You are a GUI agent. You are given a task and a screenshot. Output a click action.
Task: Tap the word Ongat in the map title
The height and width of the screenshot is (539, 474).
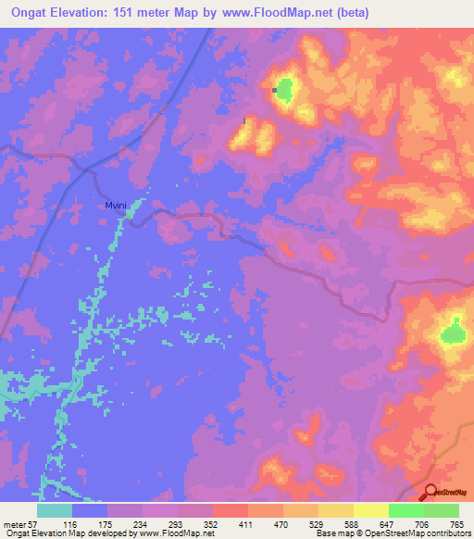(x=30, y=12)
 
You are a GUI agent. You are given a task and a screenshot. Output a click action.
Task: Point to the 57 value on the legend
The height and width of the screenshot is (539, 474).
(x=32, y=524)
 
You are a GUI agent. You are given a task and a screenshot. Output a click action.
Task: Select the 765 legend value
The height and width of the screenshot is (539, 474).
(x=456, y=524)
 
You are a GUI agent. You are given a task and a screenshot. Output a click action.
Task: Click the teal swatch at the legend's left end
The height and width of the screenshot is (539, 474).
(x=54, y=510)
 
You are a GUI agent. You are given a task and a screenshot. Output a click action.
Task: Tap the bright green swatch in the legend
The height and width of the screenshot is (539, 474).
(x=405, y=510)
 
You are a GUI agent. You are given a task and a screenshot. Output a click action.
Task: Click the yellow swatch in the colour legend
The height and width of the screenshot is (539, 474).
(x=370, y=510)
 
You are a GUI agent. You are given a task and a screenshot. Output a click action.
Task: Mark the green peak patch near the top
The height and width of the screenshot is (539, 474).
(x=283, y=90)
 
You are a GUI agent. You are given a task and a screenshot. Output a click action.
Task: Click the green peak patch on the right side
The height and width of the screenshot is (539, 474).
(x=453, y=332)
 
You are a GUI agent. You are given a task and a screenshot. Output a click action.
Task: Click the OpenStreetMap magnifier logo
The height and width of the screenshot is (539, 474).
(x=431, y=494)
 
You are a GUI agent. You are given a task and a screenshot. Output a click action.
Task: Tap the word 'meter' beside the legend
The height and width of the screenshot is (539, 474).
(x=14, y=524)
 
